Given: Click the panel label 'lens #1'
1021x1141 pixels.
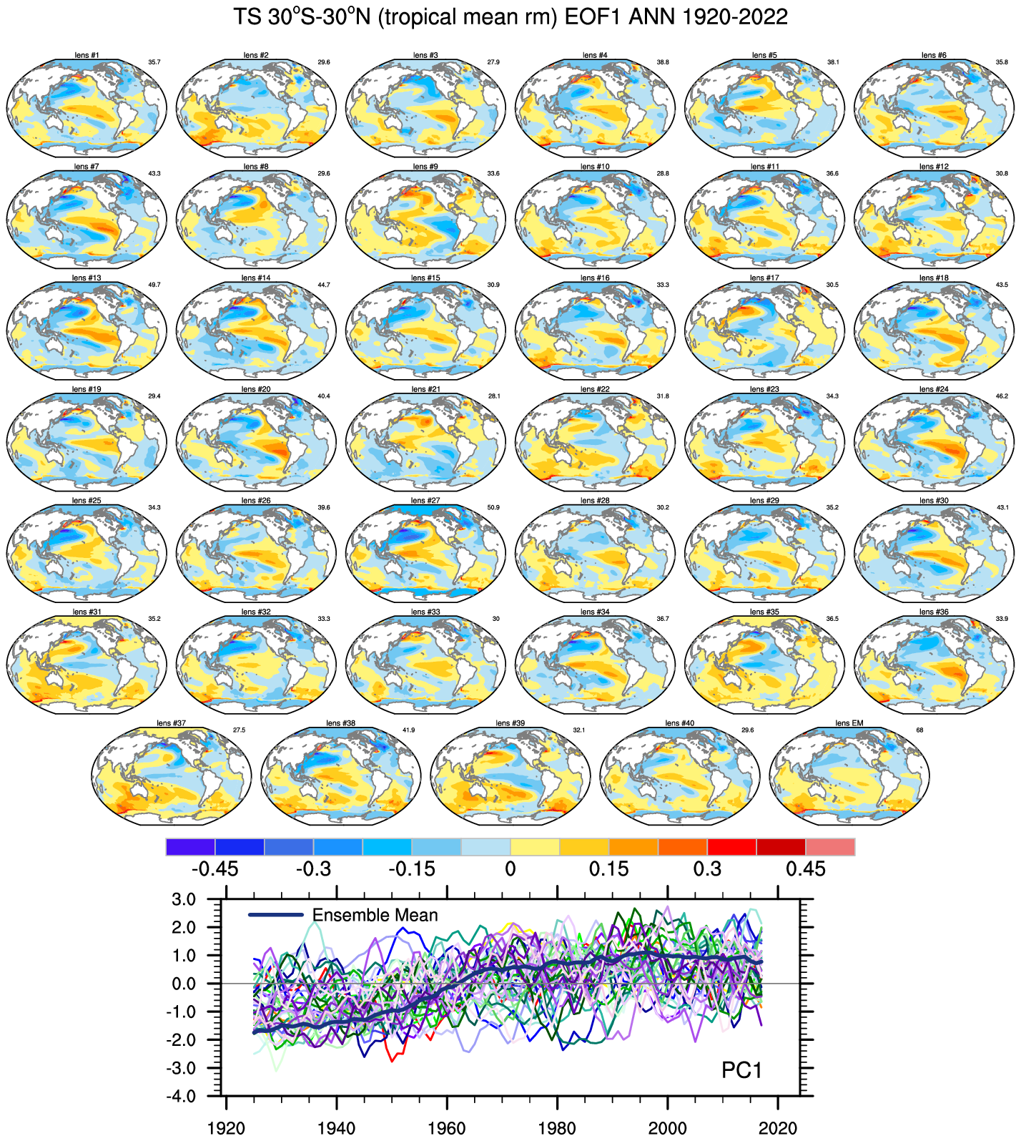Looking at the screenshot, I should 87,55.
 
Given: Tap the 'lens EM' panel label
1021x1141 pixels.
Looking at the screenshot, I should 849,723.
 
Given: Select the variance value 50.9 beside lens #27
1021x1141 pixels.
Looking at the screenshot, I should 493,507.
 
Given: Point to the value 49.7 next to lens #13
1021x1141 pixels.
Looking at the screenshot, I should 154,285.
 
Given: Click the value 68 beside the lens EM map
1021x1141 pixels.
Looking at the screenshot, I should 919,730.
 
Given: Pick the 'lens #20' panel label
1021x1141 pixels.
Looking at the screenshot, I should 256,389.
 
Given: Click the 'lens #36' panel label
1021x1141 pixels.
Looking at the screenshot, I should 934,612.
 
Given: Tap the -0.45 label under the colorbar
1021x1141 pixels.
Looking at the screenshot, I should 214,869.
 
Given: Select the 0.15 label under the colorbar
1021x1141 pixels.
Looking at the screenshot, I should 608,869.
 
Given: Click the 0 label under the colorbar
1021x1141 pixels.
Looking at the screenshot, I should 510,869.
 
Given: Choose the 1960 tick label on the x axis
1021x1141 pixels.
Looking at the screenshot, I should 447,1128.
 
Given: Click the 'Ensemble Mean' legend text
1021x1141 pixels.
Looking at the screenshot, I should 375,915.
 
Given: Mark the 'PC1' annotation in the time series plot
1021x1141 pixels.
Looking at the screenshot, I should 741,1070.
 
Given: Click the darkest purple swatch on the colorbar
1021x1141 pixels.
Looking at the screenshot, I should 190,847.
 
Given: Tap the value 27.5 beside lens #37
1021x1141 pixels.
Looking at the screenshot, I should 239,730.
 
